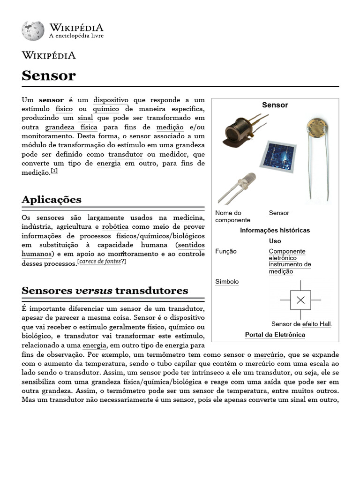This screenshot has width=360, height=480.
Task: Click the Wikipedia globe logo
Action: click(32, 30)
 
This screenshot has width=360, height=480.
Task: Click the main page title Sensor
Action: click(48, 75)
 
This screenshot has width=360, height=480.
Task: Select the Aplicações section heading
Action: click(52, 200)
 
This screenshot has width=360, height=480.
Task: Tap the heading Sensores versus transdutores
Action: click(105, 291)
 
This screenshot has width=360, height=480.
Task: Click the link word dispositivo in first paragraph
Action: click(111, 100)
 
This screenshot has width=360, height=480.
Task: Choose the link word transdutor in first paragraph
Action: click(126, 154)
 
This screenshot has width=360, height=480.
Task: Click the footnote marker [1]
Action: click(54, 171)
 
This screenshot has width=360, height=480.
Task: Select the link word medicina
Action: click(188, 217)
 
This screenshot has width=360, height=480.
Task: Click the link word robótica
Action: click(115, 226)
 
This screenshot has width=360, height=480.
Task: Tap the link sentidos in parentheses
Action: click(191, 245)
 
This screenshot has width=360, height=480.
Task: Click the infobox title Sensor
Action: click(275, 105)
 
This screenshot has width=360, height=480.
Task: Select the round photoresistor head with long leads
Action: click(315, 127)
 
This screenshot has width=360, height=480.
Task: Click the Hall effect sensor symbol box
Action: click(300, 300)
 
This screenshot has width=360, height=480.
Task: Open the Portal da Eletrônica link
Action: click(275, 335)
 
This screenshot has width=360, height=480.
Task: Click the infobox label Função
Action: click(226, 251)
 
